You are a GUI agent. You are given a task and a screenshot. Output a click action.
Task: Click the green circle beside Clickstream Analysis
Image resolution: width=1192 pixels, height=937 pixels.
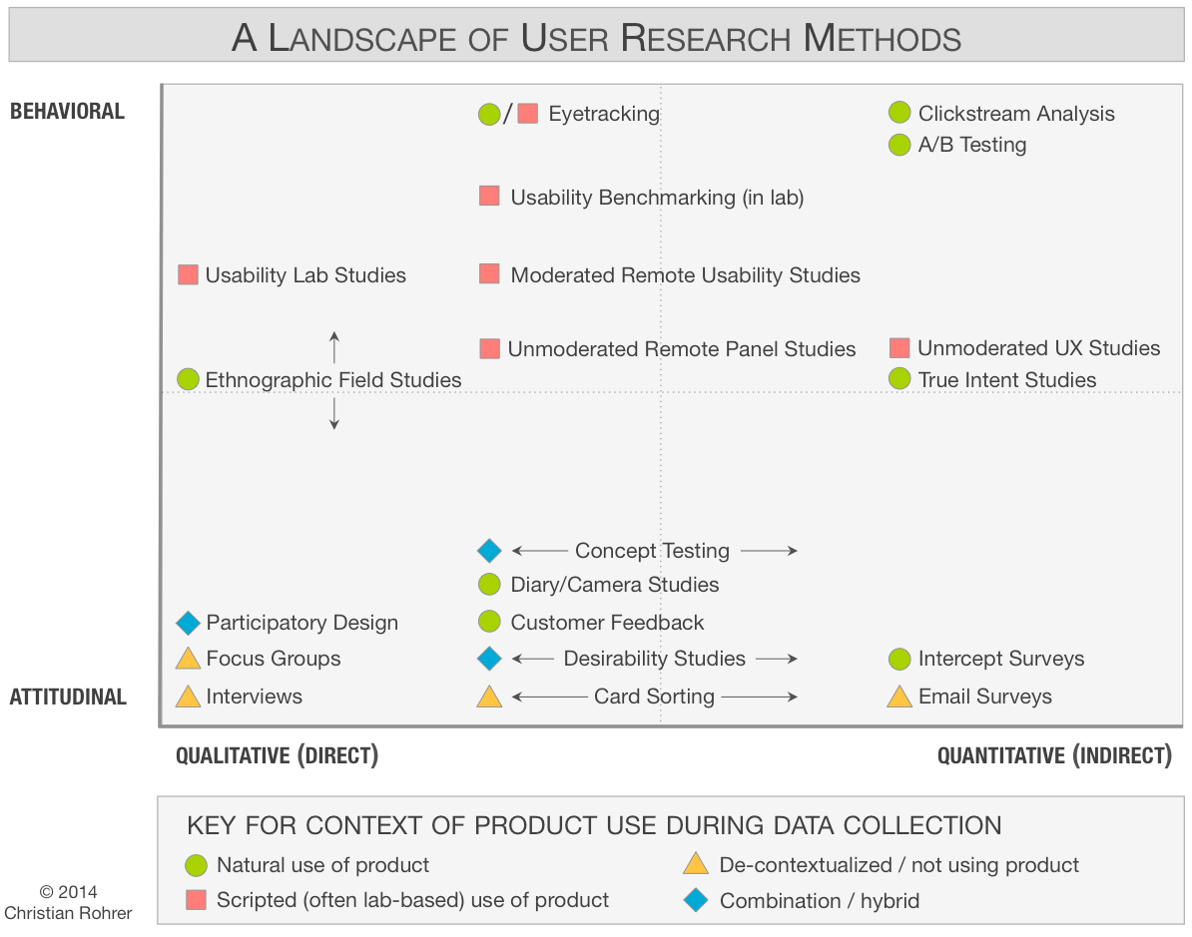click(x=899, y=114)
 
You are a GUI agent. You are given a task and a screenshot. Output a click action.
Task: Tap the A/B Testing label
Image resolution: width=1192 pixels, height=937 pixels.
click(x=972, y=145)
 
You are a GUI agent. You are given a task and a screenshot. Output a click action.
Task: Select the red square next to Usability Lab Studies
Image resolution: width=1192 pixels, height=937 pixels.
click(x=188, y=275)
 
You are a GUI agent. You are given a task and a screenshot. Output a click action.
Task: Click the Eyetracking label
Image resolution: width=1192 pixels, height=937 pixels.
click(x=604, y=114)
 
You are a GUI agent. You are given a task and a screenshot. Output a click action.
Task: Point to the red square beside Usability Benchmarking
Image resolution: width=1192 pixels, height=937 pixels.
click(x=489, y=197)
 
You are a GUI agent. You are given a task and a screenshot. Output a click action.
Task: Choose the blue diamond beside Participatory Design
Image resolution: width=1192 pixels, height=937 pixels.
click(x=188, y=623)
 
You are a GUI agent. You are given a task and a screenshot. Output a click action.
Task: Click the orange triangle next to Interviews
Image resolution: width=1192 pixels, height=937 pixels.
click(x=188, y=697)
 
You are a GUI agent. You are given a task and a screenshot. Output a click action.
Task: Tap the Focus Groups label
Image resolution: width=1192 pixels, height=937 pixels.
click(x=274, y=659)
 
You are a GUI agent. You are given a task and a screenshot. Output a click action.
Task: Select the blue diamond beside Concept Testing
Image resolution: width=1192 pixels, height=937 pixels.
click(x=489, y=551)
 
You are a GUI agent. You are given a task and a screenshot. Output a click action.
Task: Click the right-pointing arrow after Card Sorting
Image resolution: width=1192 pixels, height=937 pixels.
click(x=760, y=697)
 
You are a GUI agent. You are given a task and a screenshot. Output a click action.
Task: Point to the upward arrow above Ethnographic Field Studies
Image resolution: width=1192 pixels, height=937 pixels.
click(x=334, y=347)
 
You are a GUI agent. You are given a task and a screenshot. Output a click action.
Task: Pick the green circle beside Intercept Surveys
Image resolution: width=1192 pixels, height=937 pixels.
click(x=899, y=659)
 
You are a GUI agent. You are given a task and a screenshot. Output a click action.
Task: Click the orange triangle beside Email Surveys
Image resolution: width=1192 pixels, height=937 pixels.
click(x=899, y=697)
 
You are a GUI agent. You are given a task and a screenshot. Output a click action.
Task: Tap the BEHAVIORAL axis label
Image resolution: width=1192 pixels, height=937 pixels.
click(x=67, y=112)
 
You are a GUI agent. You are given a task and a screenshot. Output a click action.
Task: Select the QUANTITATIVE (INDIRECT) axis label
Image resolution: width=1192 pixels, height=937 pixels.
click(x=1054, y=755)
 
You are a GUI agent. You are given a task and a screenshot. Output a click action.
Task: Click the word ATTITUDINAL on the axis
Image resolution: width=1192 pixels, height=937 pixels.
click(x=68, y=697)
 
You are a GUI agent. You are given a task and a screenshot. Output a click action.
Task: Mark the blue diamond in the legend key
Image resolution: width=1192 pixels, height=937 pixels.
click(x=696, y=901)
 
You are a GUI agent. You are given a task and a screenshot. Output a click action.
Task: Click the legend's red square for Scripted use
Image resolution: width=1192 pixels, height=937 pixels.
click(x=197, y=901)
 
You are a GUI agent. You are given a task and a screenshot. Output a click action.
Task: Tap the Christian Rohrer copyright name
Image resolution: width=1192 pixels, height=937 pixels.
click(x=68, y=912)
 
